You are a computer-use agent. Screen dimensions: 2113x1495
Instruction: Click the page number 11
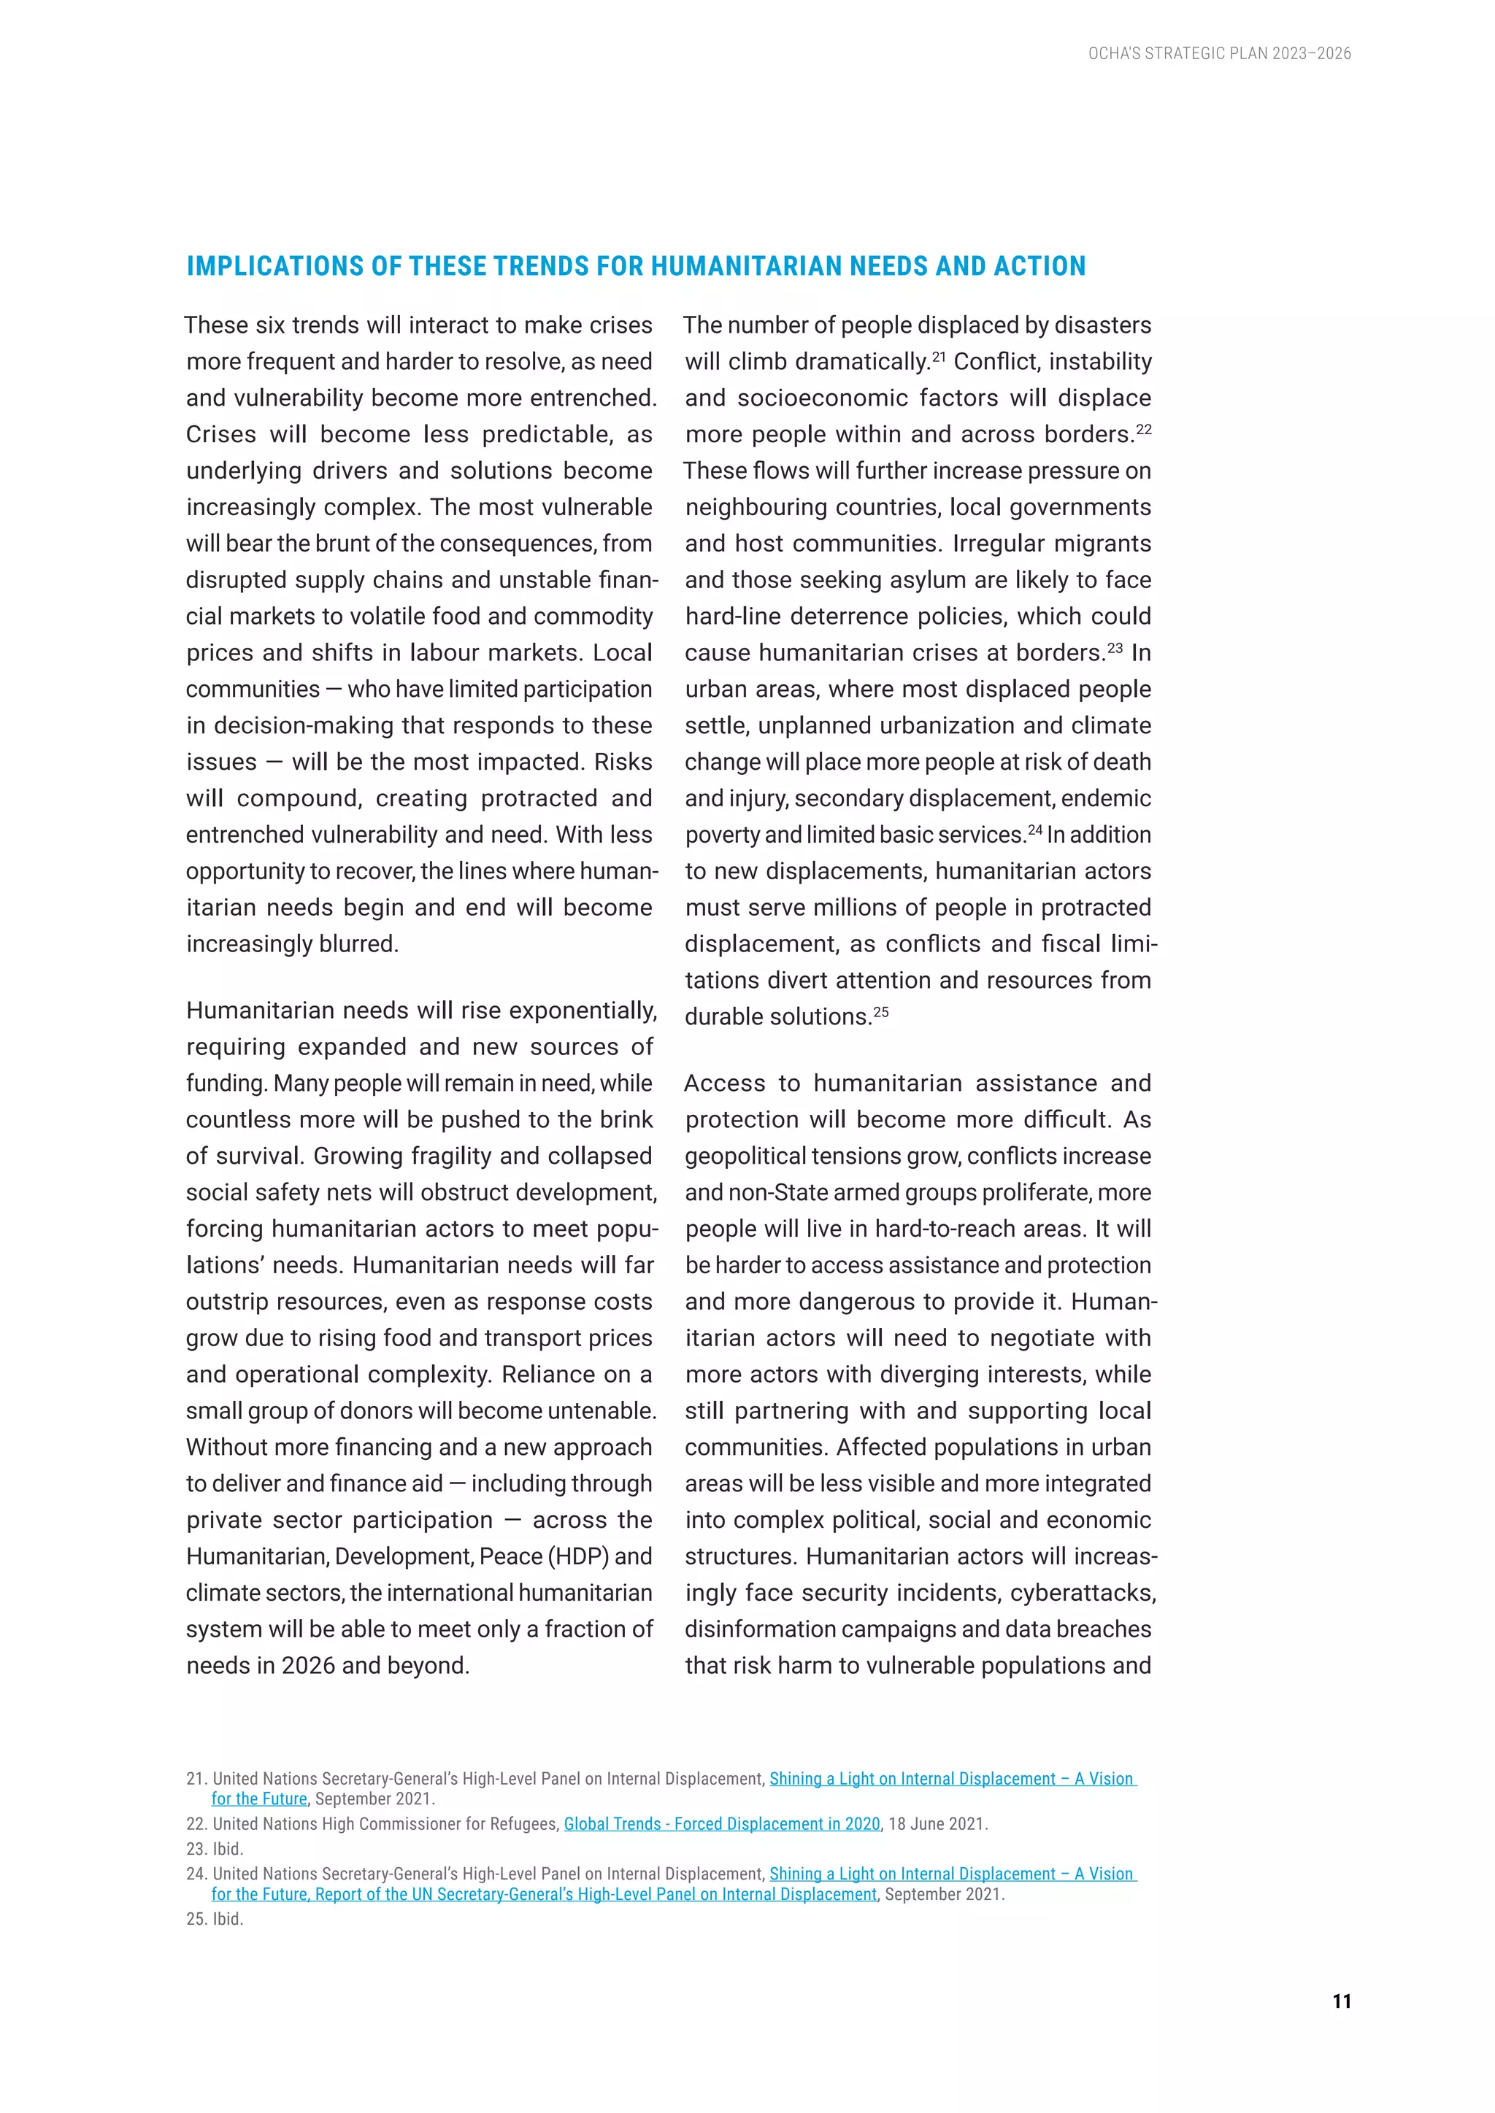(x=1341, y=2001)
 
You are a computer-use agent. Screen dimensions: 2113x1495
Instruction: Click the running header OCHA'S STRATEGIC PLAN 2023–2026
(x=1219, y=53)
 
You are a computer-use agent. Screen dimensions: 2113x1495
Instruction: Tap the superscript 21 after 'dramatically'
(x=938, y=355)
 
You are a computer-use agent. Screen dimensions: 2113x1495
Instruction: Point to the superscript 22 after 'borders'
(x=1143, y=428)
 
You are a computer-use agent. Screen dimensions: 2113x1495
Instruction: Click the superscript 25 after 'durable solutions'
(x=880, y=1011)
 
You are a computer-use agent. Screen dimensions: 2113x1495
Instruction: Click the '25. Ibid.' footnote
(x=215, y=1919)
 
